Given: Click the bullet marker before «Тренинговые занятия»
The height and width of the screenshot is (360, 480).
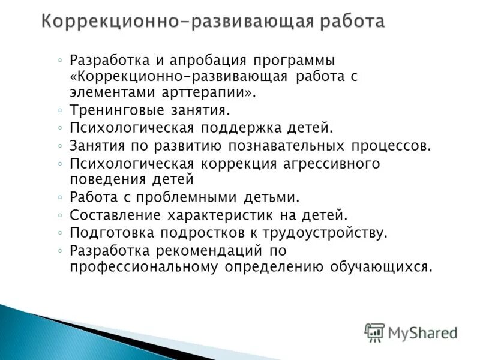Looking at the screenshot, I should pos(61,111).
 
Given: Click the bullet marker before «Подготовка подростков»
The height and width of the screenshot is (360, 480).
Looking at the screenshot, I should pos(61,232).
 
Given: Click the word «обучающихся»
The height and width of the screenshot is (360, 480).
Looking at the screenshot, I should pos(379,266).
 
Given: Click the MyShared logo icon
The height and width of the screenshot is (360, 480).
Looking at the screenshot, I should pos(374,332).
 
